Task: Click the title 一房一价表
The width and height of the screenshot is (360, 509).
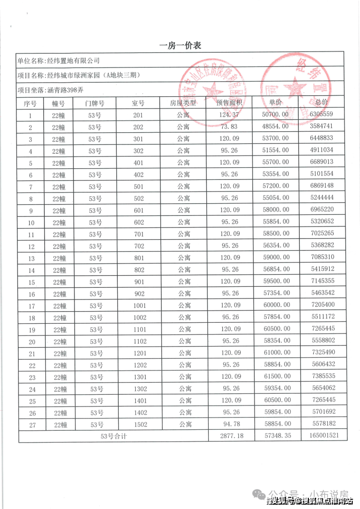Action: (x=180, y=46)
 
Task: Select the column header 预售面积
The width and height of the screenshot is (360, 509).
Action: (x=230, y=103)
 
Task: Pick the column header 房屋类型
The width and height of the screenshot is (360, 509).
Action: (x=183, y=103)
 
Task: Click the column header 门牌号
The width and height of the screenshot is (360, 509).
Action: (x=94, y=103)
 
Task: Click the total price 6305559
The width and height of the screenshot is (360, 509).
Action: (x=321, y=115)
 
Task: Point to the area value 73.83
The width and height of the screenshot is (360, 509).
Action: (x=230, y=127)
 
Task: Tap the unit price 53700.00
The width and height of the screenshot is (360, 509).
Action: (x=276, y=139)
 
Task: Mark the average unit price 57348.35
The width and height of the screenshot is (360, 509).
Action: (x=275, y=436)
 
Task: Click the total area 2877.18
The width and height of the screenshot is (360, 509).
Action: (x=230, y=436)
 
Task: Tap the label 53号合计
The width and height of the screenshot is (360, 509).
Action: (x=113, y=436)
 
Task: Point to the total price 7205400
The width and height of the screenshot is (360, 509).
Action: (x=321, y=305)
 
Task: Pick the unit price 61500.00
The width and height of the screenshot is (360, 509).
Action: (x=276, y=377)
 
